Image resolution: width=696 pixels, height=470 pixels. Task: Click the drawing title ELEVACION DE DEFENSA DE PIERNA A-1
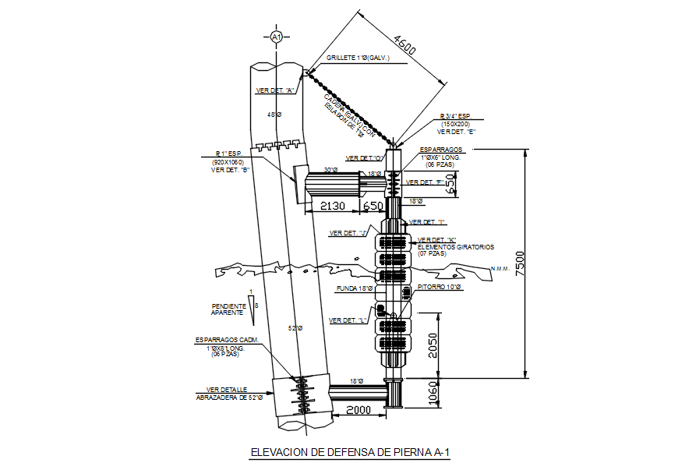coord(350,451)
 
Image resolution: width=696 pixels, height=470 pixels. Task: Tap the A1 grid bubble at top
coord(275,37)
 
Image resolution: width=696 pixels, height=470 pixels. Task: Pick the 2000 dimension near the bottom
coord(359,411)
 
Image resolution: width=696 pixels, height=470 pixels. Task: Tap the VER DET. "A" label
coord(274,90)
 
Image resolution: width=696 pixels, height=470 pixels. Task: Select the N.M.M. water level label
coord(499,270)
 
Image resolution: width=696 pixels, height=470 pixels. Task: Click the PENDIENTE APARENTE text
coord(228,309)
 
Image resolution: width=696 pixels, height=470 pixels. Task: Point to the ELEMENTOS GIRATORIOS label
coord(456,247)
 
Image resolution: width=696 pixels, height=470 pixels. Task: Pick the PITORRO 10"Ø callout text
coord(438,288)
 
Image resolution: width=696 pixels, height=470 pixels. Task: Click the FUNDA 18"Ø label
coord(354,288)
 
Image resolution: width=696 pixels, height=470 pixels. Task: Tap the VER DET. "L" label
coord(348,320)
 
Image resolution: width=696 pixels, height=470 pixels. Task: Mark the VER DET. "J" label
coord(348,233)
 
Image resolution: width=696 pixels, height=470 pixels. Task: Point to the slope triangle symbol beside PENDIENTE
coord(250,305)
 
